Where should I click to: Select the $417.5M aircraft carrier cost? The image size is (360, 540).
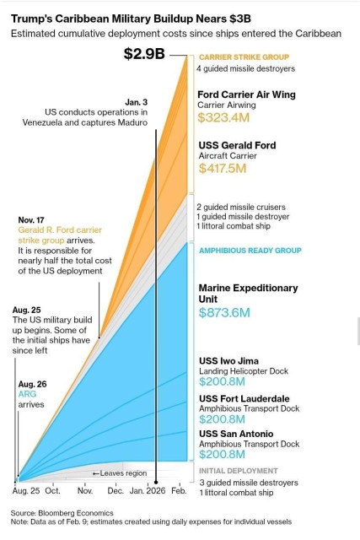[222, 169]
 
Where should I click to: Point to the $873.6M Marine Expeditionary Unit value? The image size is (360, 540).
[224, 312]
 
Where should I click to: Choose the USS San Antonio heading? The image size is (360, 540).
[237, 434]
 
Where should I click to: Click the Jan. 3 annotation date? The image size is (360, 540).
[137, 102]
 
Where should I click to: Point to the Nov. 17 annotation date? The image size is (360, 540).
[32, 218]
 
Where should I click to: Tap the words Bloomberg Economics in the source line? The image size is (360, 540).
[75, 512]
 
